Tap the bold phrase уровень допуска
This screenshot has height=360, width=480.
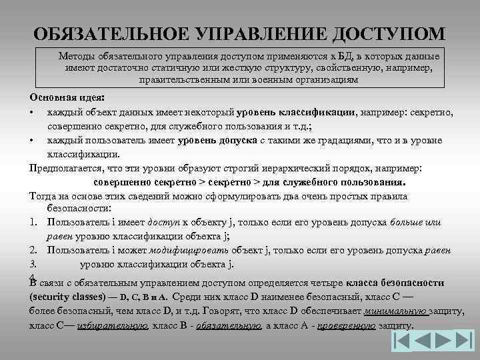[x=218, y=141]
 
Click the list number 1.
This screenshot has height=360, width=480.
[x=33, y=223]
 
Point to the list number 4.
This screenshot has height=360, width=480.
[x=33, y=277]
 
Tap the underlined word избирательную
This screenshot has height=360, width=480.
[x=113, y=326]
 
